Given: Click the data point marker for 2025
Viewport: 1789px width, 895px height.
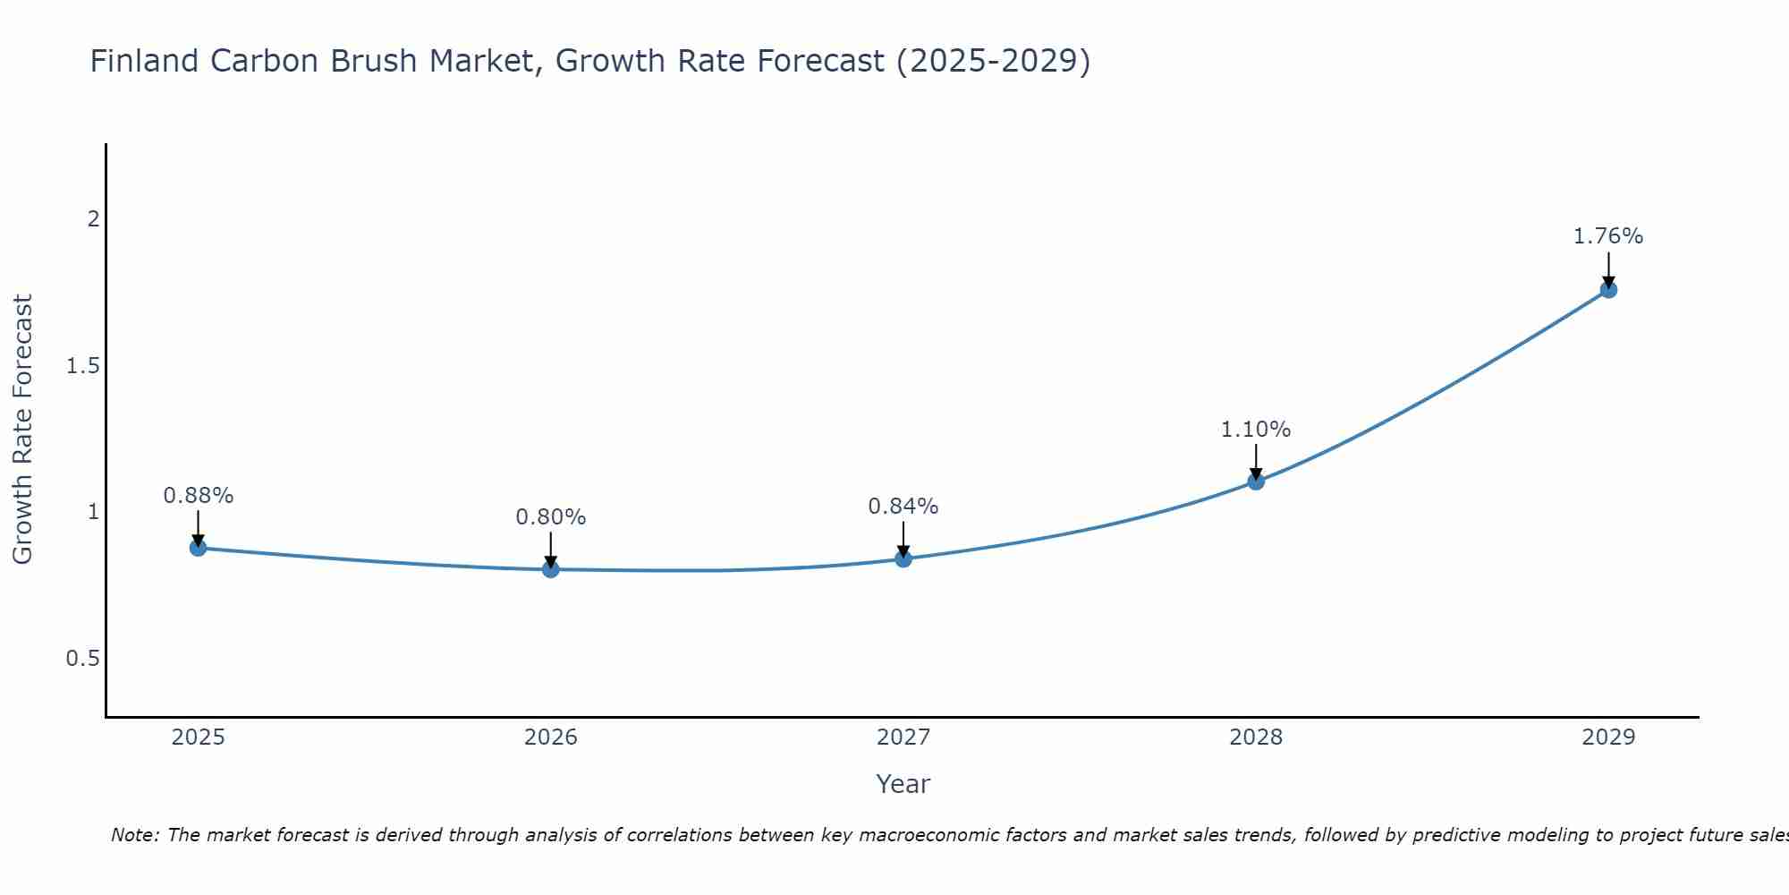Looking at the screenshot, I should [199, 548].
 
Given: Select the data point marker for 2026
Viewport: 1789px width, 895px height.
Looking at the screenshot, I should [551, 569].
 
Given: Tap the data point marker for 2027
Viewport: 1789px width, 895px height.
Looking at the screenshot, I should [903, 559].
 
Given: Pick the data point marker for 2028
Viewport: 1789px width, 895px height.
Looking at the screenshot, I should [1256, 482].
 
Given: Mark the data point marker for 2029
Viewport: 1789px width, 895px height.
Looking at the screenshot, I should [1608, 290].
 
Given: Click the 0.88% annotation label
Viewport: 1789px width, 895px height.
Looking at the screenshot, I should [199, 496].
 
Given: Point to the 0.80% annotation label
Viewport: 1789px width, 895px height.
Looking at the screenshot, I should [551, 517].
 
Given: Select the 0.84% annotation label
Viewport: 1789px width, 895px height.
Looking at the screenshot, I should [903, 507].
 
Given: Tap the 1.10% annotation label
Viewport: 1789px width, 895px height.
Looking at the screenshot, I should [1256, 430].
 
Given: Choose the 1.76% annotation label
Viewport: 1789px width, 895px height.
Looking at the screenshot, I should [1608, 236].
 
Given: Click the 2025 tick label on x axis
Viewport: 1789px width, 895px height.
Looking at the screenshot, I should [199, 737].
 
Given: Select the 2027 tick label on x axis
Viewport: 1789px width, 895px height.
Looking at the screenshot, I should [903, 737].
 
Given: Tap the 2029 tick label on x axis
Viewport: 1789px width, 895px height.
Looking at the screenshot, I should [1608, 737].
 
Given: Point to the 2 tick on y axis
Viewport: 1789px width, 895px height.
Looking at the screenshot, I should [93, 219].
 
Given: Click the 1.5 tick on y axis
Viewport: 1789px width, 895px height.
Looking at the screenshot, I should [83, 366].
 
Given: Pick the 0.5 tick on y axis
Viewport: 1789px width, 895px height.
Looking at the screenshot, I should [83, 659].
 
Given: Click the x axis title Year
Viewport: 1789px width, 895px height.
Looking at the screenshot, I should [903, 784].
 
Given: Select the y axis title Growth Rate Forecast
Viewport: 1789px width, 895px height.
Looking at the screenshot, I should [22, 430].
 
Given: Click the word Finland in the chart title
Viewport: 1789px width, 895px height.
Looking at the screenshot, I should [145, 62].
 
